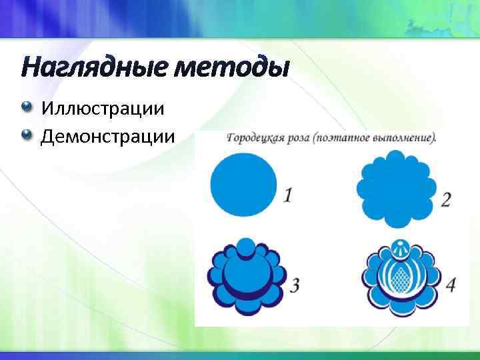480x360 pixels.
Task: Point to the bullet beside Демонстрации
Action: (26, 135)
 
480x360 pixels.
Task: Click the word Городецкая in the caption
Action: (256, 139)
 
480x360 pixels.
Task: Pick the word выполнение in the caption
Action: (401, 139)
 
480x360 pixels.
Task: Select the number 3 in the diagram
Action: (293, 285)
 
